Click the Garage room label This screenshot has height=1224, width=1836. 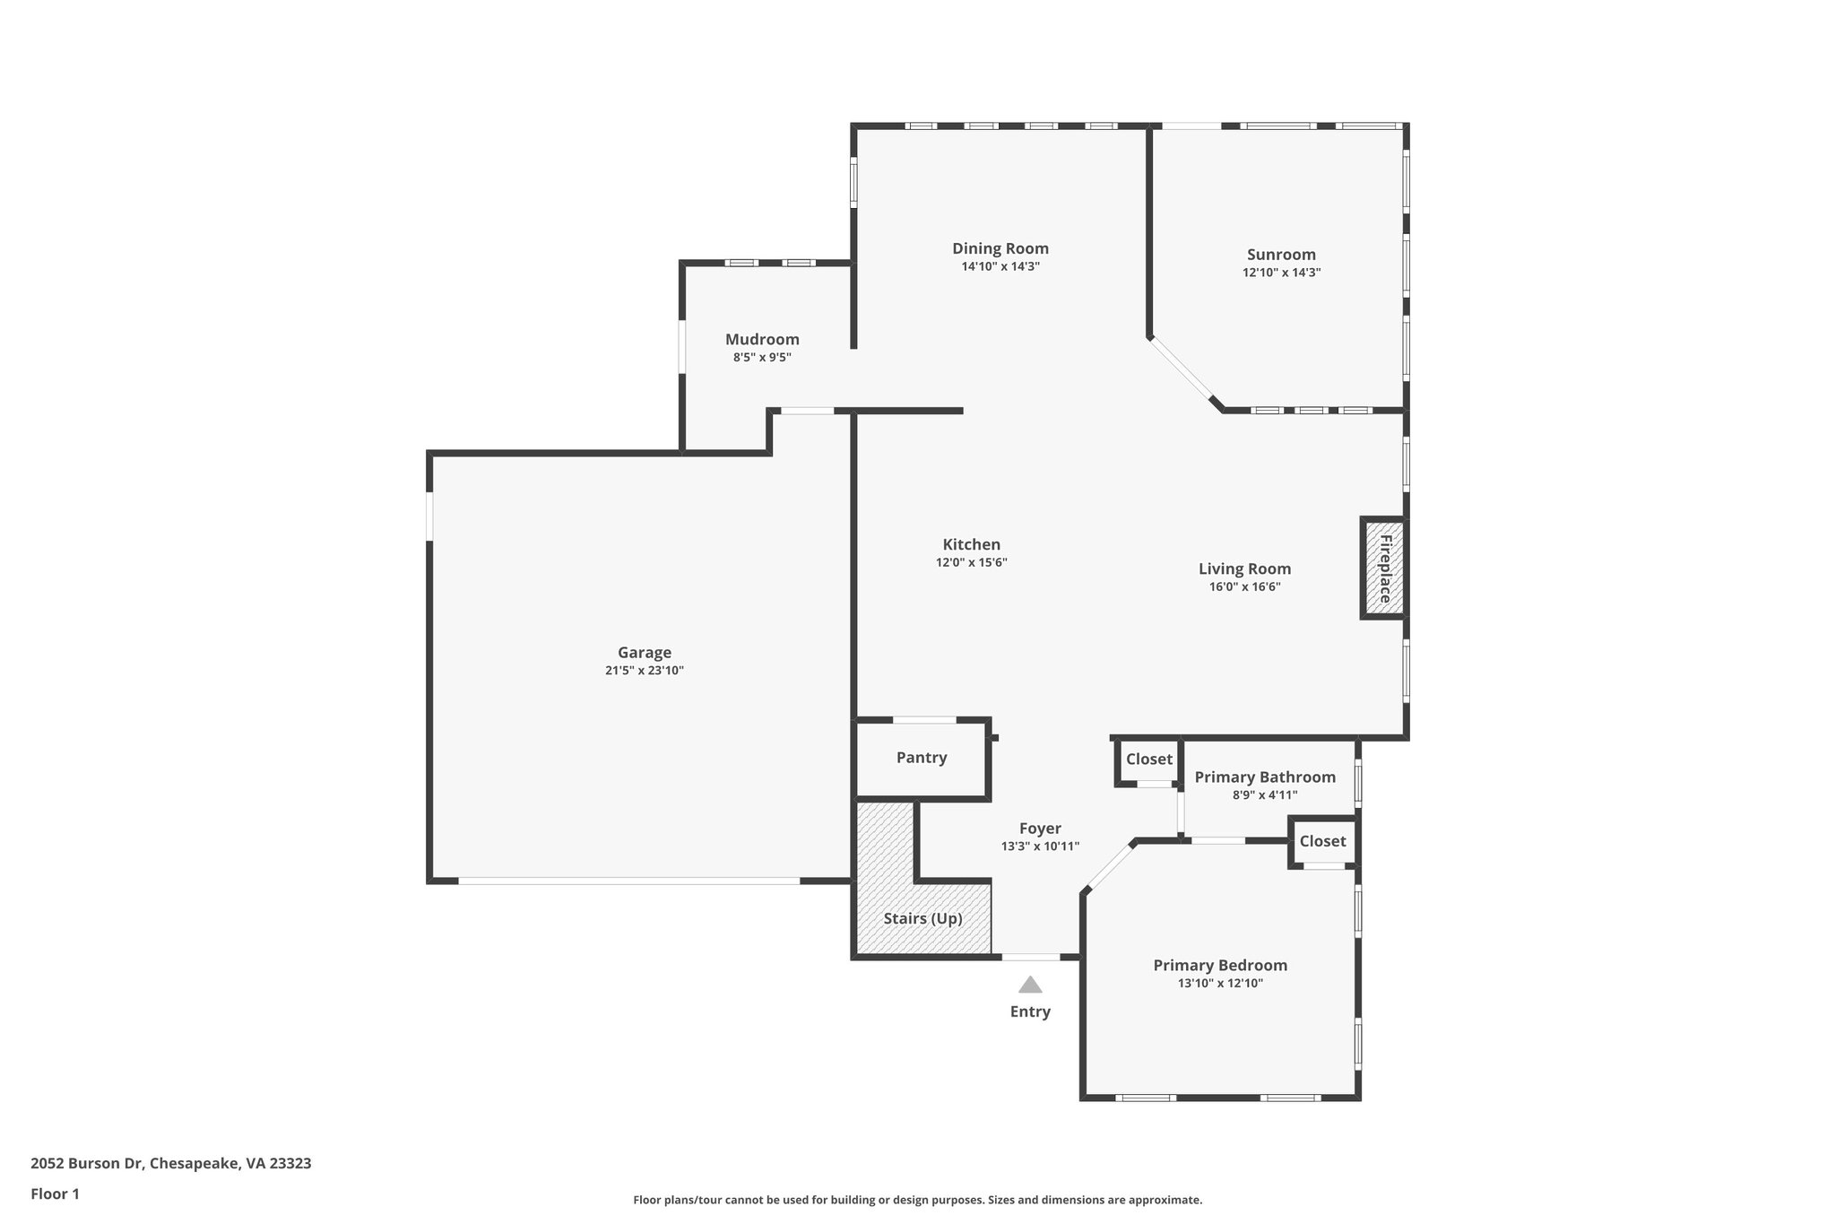(x=644, y=653)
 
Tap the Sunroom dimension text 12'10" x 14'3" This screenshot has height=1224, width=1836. (x=1281, y=273)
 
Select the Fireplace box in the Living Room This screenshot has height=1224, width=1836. (x=1384, y=569)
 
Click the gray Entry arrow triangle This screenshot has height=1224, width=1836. (x=1030, y=985)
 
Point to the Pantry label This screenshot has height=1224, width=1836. (x=922, y=758)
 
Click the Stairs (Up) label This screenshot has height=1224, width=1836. (x=922, y=918)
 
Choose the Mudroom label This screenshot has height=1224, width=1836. (x=762, y=339)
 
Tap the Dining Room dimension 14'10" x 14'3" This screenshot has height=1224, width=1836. (x=1000, y=266)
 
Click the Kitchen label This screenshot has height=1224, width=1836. (x=971, y=544)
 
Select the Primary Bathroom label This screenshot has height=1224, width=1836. (x=1264, y=777)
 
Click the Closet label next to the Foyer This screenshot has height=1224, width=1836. (x=1148, y=759)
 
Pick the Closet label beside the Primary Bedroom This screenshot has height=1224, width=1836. (x=1322, y=840)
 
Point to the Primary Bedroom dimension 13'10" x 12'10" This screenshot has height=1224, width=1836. (x=1220, y=983)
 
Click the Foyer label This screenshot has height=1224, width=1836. (x=1040, y=829)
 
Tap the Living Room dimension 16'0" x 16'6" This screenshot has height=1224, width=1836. (x=1244, y=587)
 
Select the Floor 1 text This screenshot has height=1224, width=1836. (x=55, y=1194)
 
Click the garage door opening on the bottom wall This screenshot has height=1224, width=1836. (x=628, y=881)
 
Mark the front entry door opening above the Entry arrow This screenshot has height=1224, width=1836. (x=1030, y=957)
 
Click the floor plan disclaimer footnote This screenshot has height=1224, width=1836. (x=917, y=1200)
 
